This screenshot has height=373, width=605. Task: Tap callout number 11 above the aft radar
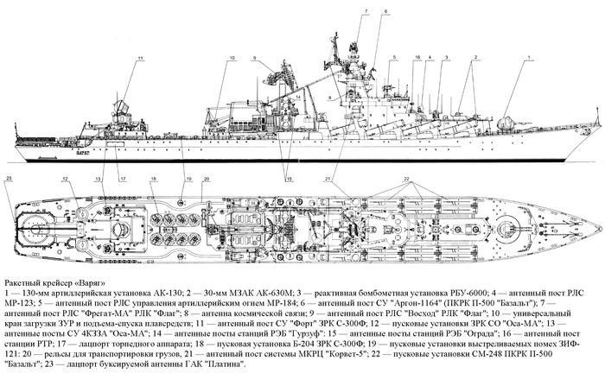point(139,57)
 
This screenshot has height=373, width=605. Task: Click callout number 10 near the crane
point(232,57)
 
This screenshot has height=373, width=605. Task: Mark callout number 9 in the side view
point(256,57)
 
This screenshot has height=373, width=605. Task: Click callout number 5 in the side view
point(392,57)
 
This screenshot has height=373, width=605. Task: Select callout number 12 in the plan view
point(64,178)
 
